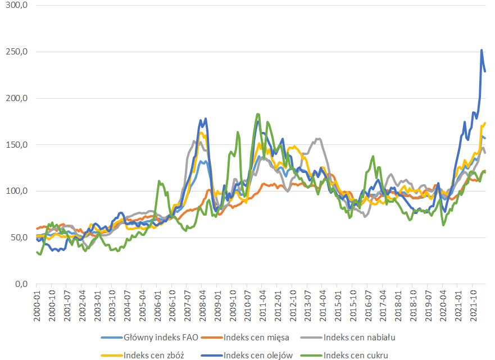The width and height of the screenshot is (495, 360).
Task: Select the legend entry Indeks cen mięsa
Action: coord(261,338)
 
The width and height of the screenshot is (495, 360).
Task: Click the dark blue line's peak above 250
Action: coord(482,50)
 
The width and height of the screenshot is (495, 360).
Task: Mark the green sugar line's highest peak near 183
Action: coord(258,114)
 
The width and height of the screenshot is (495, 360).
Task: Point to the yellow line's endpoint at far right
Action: coord(485,123)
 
